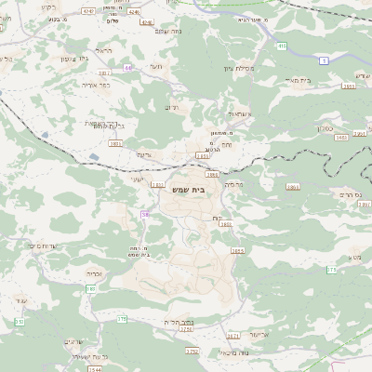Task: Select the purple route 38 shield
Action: (145, 215)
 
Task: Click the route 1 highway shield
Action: (325, 60)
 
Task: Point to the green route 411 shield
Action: (281, 44)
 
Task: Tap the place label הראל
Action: (103, 50)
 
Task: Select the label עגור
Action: (21, 300)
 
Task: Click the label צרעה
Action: (142, 154)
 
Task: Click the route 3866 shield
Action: (293, 187)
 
